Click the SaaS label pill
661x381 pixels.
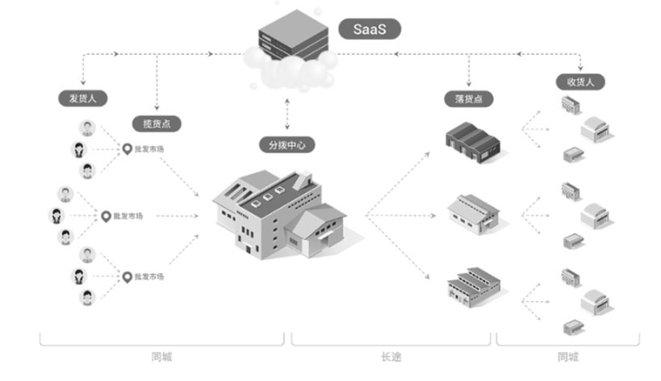370,29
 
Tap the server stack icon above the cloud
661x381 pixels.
293,35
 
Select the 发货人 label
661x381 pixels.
82,98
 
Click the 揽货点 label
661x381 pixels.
157,124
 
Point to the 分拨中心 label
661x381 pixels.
287,145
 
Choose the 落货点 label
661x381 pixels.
469,99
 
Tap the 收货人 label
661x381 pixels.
580,82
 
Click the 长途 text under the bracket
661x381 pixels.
391,357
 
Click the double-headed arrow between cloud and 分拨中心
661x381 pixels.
287,114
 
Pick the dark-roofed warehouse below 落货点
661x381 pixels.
473,141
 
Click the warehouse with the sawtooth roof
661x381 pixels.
474,287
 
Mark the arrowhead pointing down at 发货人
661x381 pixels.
83,82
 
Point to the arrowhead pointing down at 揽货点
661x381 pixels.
157,107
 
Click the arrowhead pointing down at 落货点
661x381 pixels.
469,83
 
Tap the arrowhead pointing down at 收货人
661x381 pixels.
580,68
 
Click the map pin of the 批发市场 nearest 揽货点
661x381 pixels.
127,149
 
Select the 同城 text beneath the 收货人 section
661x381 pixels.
568,357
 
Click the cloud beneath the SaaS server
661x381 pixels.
291,69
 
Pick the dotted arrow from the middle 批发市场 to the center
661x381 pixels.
177,216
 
